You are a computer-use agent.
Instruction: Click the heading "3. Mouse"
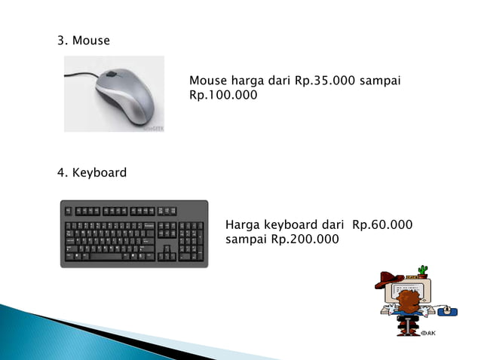pos(84,41)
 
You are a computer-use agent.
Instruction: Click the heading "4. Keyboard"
pos(92,173)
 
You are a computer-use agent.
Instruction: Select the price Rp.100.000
pos(223,96)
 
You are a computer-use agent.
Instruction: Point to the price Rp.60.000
pos(381,225)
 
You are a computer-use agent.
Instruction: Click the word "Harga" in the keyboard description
pos(244,225)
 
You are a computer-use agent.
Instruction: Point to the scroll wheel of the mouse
pos(112,75)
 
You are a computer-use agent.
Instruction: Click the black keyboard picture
pos(133,233)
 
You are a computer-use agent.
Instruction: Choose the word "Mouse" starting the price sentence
pos(208,81)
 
